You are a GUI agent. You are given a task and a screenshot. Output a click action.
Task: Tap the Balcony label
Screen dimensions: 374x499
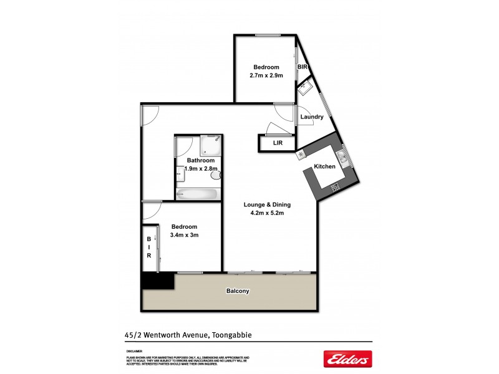[x=237, y=291]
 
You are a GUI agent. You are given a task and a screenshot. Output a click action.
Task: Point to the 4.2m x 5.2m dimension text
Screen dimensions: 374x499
[x=267, y=214]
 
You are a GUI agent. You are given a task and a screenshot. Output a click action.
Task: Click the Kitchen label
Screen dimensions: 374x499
[x=324, y=167]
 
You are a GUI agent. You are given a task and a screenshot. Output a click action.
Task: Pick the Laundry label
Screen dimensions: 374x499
[x=312, y=117]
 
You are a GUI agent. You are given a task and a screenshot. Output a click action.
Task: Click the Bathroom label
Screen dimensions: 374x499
[x=201, y=160]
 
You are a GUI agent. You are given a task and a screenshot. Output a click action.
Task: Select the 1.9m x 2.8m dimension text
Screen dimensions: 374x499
[x=201, y=168]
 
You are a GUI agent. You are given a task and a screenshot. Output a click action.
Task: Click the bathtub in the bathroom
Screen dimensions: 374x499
[x=197, y=194]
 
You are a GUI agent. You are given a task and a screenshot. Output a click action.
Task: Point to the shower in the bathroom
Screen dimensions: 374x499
[x=211, y=145]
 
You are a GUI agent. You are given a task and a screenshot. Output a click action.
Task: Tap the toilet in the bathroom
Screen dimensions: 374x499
[x=216, y=176]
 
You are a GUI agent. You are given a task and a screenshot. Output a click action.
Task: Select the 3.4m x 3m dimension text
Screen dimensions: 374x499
[x=184, y=235]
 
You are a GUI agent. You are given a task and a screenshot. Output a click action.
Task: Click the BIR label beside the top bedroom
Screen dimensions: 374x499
[x=303, y=67]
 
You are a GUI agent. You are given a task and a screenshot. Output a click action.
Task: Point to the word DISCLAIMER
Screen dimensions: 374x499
[x=134, y=351]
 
